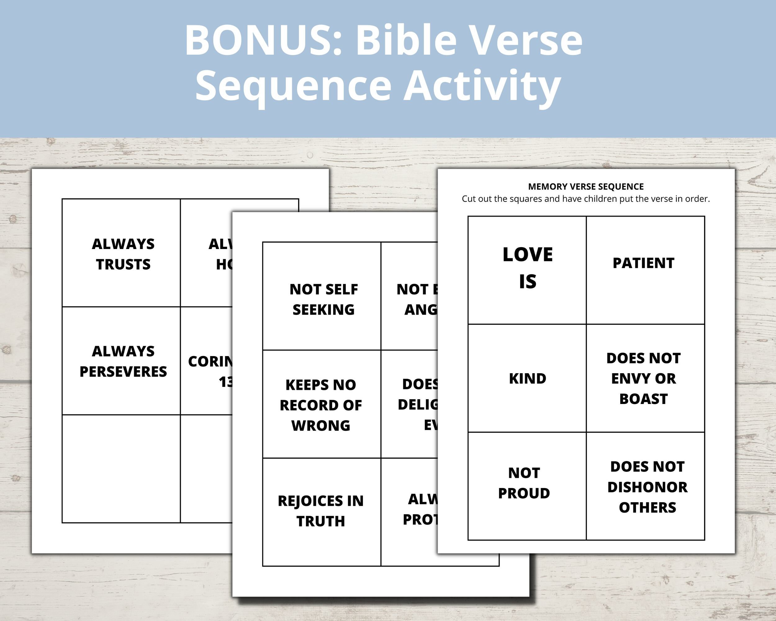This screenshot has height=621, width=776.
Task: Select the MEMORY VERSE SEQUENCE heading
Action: click(586, 187)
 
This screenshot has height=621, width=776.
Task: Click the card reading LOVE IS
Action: click(527, 268)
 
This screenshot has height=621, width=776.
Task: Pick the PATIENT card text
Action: click(643, 263)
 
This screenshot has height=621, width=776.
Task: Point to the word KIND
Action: click(527, 379)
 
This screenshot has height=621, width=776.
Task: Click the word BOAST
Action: click(643, 399)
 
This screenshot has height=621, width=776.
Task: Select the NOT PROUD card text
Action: click(524, 483)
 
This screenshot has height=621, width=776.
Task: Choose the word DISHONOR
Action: click(647, 487)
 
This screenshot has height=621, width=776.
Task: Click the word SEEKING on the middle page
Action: click(323, 310)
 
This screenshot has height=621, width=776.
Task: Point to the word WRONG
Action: click(320, 425)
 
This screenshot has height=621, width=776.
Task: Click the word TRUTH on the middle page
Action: click(320, 521)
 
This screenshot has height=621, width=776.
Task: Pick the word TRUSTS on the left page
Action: click(123, 265)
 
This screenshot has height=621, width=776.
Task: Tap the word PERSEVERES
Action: click(123, 372)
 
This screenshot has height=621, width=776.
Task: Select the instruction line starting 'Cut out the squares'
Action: click(586, 199)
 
